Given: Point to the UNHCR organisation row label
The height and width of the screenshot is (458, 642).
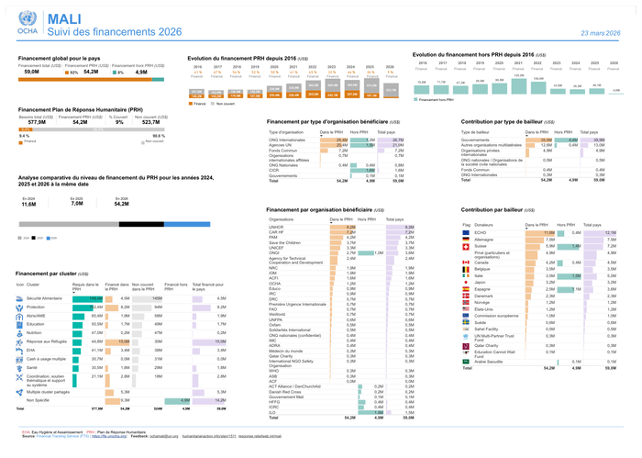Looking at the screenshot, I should (277, 227).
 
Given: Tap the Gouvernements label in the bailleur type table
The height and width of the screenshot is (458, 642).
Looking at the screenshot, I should (481, 140).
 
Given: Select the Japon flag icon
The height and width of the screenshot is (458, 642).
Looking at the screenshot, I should (466, 283).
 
